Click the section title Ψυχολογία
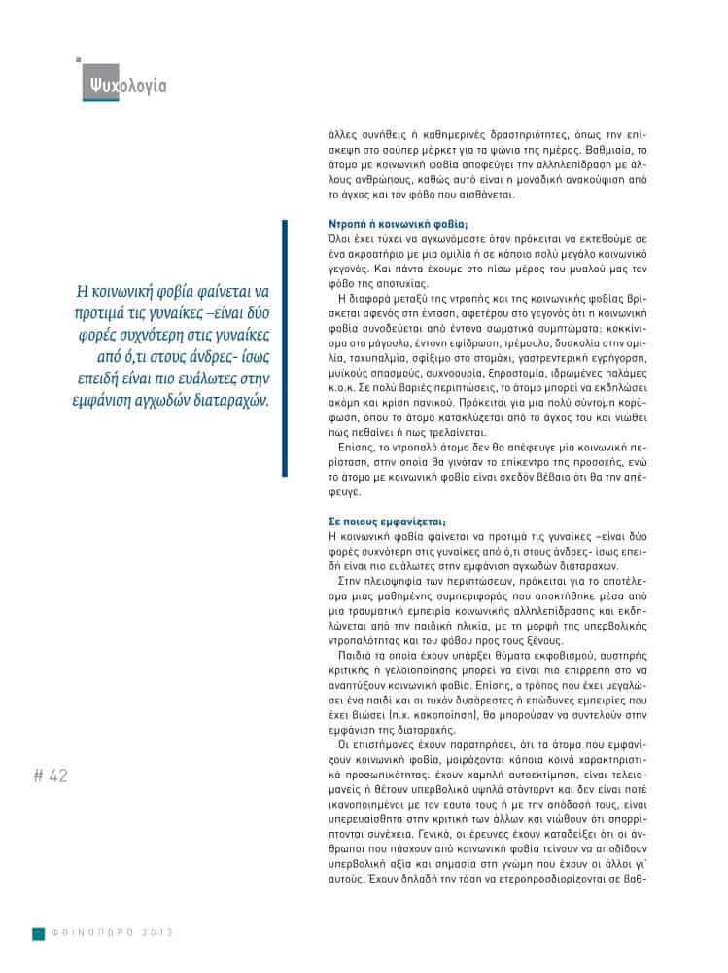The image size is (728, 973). coord(125,86)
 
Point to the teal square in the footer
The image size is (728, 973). coord(38,932)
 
